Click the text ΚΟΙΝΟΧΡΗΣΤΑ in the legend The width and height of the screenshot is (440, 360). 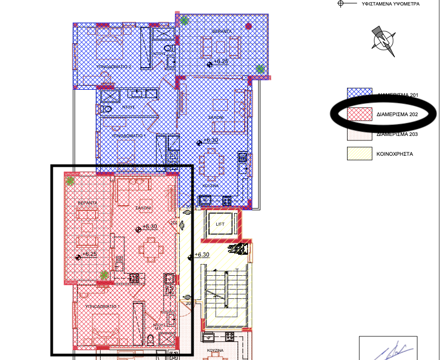point(395,154)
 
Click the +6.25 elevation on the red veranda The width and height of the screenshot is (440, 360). point(89,254)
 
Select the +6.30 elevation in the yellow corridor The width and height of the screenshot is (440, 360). point(202,255)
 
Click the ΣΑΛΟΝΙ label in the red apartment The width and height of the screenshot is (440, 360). point(144,209)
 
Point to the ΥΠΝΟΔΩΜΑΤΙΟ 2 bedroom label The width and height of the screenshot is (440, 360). point(114,66)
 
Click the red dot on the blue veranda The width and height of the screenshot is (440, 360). point(249,26)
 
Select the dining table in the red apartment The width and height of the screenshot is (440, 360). point(151,249)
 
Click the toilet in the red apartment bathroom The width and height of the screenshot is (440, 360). point(150,339)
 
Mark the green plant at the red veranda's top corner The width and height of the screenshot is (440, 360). point(70,180)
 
